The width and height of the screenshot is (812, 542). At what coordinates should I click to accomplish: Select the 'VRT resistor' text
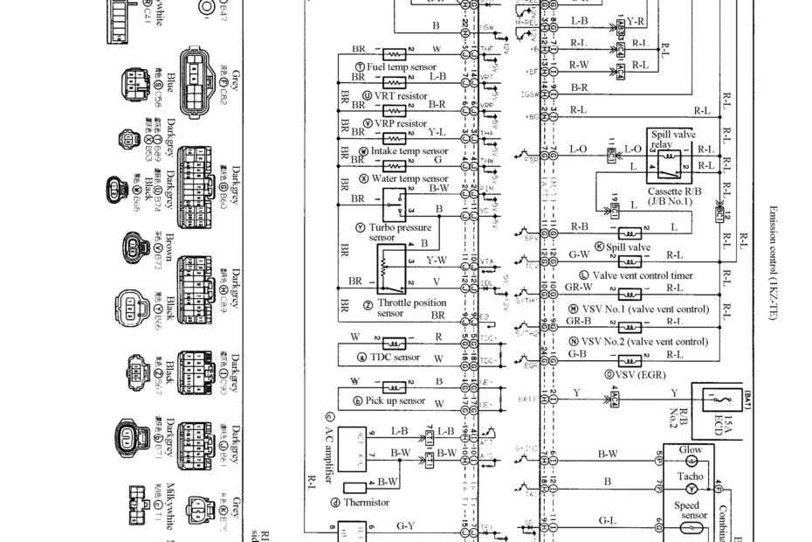coord(401,96)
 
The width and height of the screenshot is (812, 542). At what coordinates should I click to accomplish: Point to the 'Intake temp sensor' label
coord(409,150)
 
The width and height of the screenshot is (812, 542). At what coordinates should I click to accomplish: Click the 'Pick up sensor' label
coord(396,401)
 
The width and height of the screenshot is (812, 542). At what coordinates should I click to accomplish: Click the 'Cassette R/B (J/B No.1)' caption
coord(670,196)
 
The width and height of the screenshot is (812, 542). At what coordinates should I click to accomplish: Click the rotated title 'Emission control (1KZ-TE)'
coord(773,262)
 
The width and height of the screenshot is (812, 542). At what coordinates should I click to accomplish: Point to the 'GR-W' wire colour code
coord(578,287)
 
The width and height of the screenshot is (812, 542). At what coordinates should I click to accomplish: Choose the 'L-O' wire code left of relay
coord(578,149)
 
